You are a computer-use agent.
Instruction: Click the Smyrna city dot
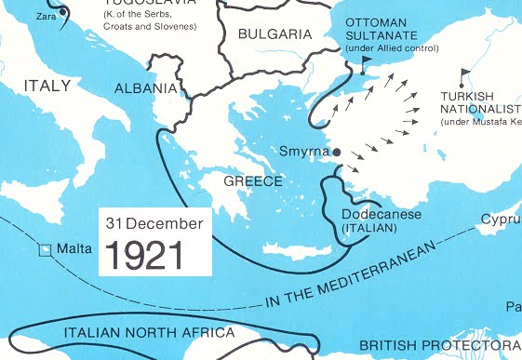pyautogui.click(x=337, y=152)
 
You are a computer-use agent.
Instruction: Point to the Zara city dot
pyautogui.click(x=62, y=12)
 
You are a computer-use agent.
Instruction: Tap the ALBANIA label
pyautogui.click(x=144, y=88)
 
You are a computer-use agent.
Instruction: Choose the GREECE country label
pyautogui.click(x=253, y=181)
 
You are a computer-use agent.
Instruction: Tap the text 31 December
pyautogui.click(x=154, y=223)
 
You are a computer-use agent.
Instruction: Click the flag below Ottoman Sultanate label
pyautogui.click(x=364, y=62)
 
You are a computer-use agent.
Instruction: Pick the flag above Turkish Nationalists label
pyautogui.click(x=465, y=73)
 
